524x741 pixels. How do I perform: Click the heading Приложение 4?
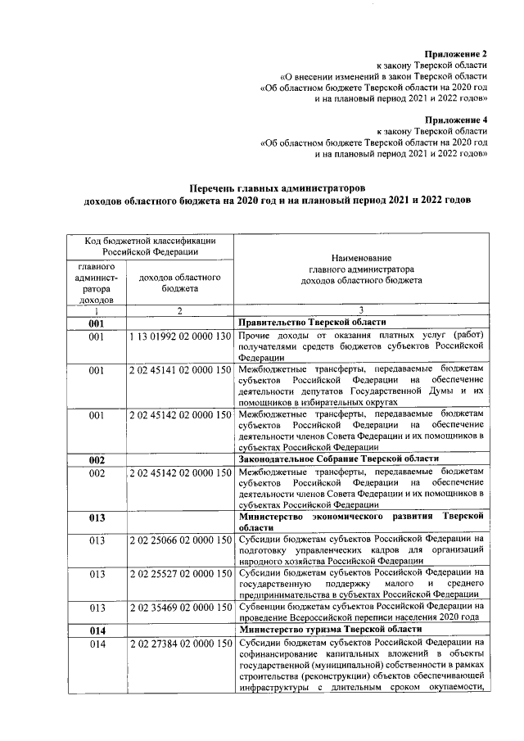click(x=455, y=119)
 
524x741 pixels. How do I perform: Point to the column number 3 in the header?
click(x=361, y=311)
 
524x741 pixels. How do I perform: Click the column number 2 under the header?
click(x=178, y=311)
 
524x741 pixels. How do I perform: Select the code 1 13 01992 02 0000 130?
click(x=178, y=337)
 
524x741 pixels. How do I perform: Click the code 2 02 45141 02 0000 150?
click(x=178, y=371)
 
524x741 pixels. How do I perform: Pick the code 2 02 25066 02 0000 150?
click(x=178, y=540)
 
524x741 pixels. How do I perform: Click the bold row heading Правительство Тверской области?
click(x=312, y=323)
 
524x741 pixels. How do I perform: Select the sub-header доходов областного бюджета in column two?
click(x=178, y=283)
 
